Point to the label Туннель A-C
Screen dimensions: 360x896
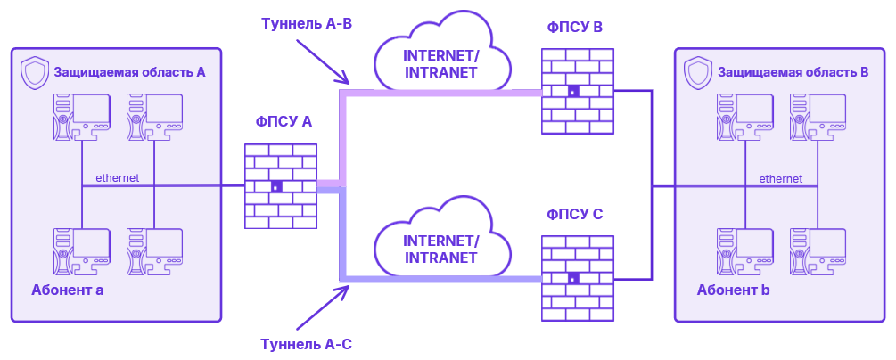[307, 343]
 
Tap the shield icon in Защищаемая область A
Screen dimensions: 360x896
[35, 71]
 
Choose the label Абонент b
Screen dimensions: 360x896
[733, 290]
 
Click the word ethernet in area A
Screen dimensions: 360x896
[117, 177]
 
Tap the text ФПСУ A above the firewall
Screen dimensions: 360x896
[284, 122]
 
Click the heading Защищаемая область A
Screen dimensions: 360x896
[130, 71]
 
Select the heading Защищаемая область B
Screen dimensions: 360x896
[793, 71]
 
